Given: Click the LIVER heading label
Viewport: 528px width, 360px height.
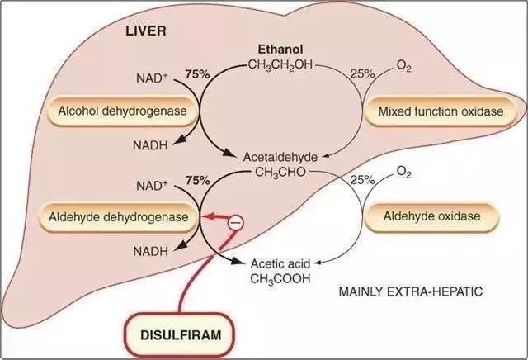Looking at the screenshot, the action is [x=146, y=31].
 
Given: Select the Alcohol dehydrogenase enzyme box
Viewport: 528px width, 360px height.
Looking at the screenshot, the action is [x=123, y=111].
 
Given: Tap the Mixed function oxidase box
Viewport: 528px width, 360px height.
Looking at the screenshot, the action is [x=441, y=111].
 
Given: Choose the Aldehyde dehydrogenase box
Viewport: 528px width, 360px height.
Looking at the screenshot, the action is [x=119, y=216].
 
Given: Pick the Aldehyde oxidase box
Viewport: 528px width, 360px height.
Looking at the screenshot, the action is [x=431, y=216].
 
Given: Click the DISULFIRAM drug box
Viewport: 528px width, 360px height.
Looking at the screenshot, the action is [x=181, y=335].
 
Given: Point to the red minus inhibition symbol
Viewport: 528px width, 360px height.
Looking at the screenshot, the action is [x=235, y=223].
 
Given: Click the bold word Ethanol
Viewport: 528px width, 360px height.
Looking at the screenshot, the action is [x=280, y=50].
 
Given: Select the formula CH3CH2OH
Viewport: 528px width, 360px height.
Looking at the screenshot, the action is [x=280, y=64].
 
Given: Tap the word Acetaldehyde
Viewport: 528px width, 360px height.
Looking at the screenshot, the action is [x=280, y=157].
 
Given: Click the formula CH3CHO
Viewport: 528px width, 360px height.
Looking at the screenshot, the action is [x=280, y=173].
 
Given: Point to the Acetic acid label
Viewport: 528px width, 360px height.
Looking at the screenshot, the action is [x=280, y=263].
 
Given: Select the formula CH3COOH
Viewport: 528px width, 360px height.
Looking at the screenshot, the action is [x=280, y=279].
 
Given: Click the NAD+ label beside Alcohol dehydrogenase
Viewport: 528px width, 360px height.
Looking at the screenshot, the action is [x=152, y=78].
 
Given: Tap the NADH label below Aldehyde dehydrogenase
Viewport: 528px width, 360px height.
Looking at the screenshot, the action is [x=150, y=251].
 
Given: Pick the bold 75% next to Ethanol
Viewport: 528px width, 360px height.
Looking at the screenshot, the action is [x=198, y=74].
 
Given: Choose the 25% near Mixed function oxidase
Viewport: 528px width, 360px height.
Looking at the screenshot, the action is [x=362, y=73].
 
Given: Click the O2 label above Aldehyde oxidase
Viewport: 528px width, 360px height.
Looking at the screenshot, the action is [x=403, y=173].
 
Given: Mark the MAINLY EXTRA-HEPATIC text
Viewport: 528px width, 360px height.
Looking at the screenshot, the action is [x=411, y=291].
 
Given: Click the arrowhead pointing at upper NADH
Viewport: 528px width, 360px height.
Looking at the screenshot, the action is [x=181, y=140].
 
